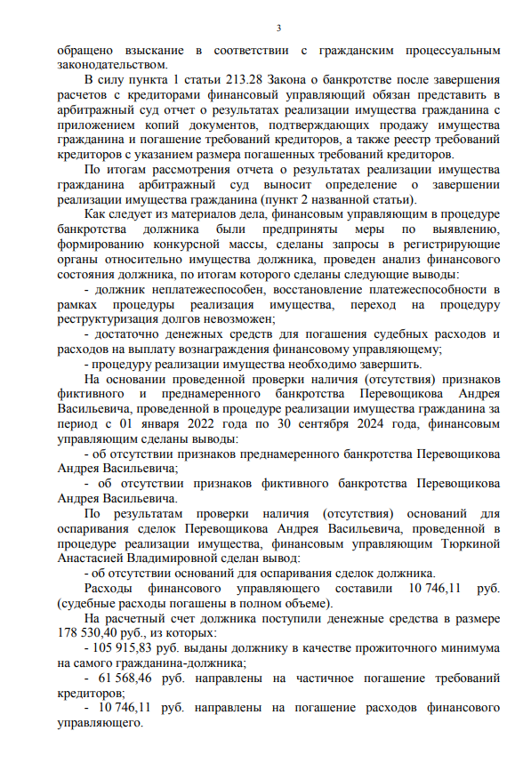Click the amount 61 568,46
click(x=130, y=679)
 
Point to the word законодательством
click(x=109, y=63)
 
